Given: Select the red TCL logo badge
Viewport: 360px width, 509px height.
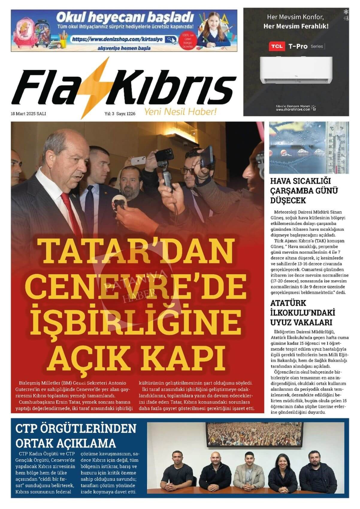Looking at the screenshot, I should [x=277, y=46].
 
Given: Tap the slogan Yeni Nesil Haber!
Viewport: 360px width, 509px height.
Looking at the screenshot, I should [x=180, y=112].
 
